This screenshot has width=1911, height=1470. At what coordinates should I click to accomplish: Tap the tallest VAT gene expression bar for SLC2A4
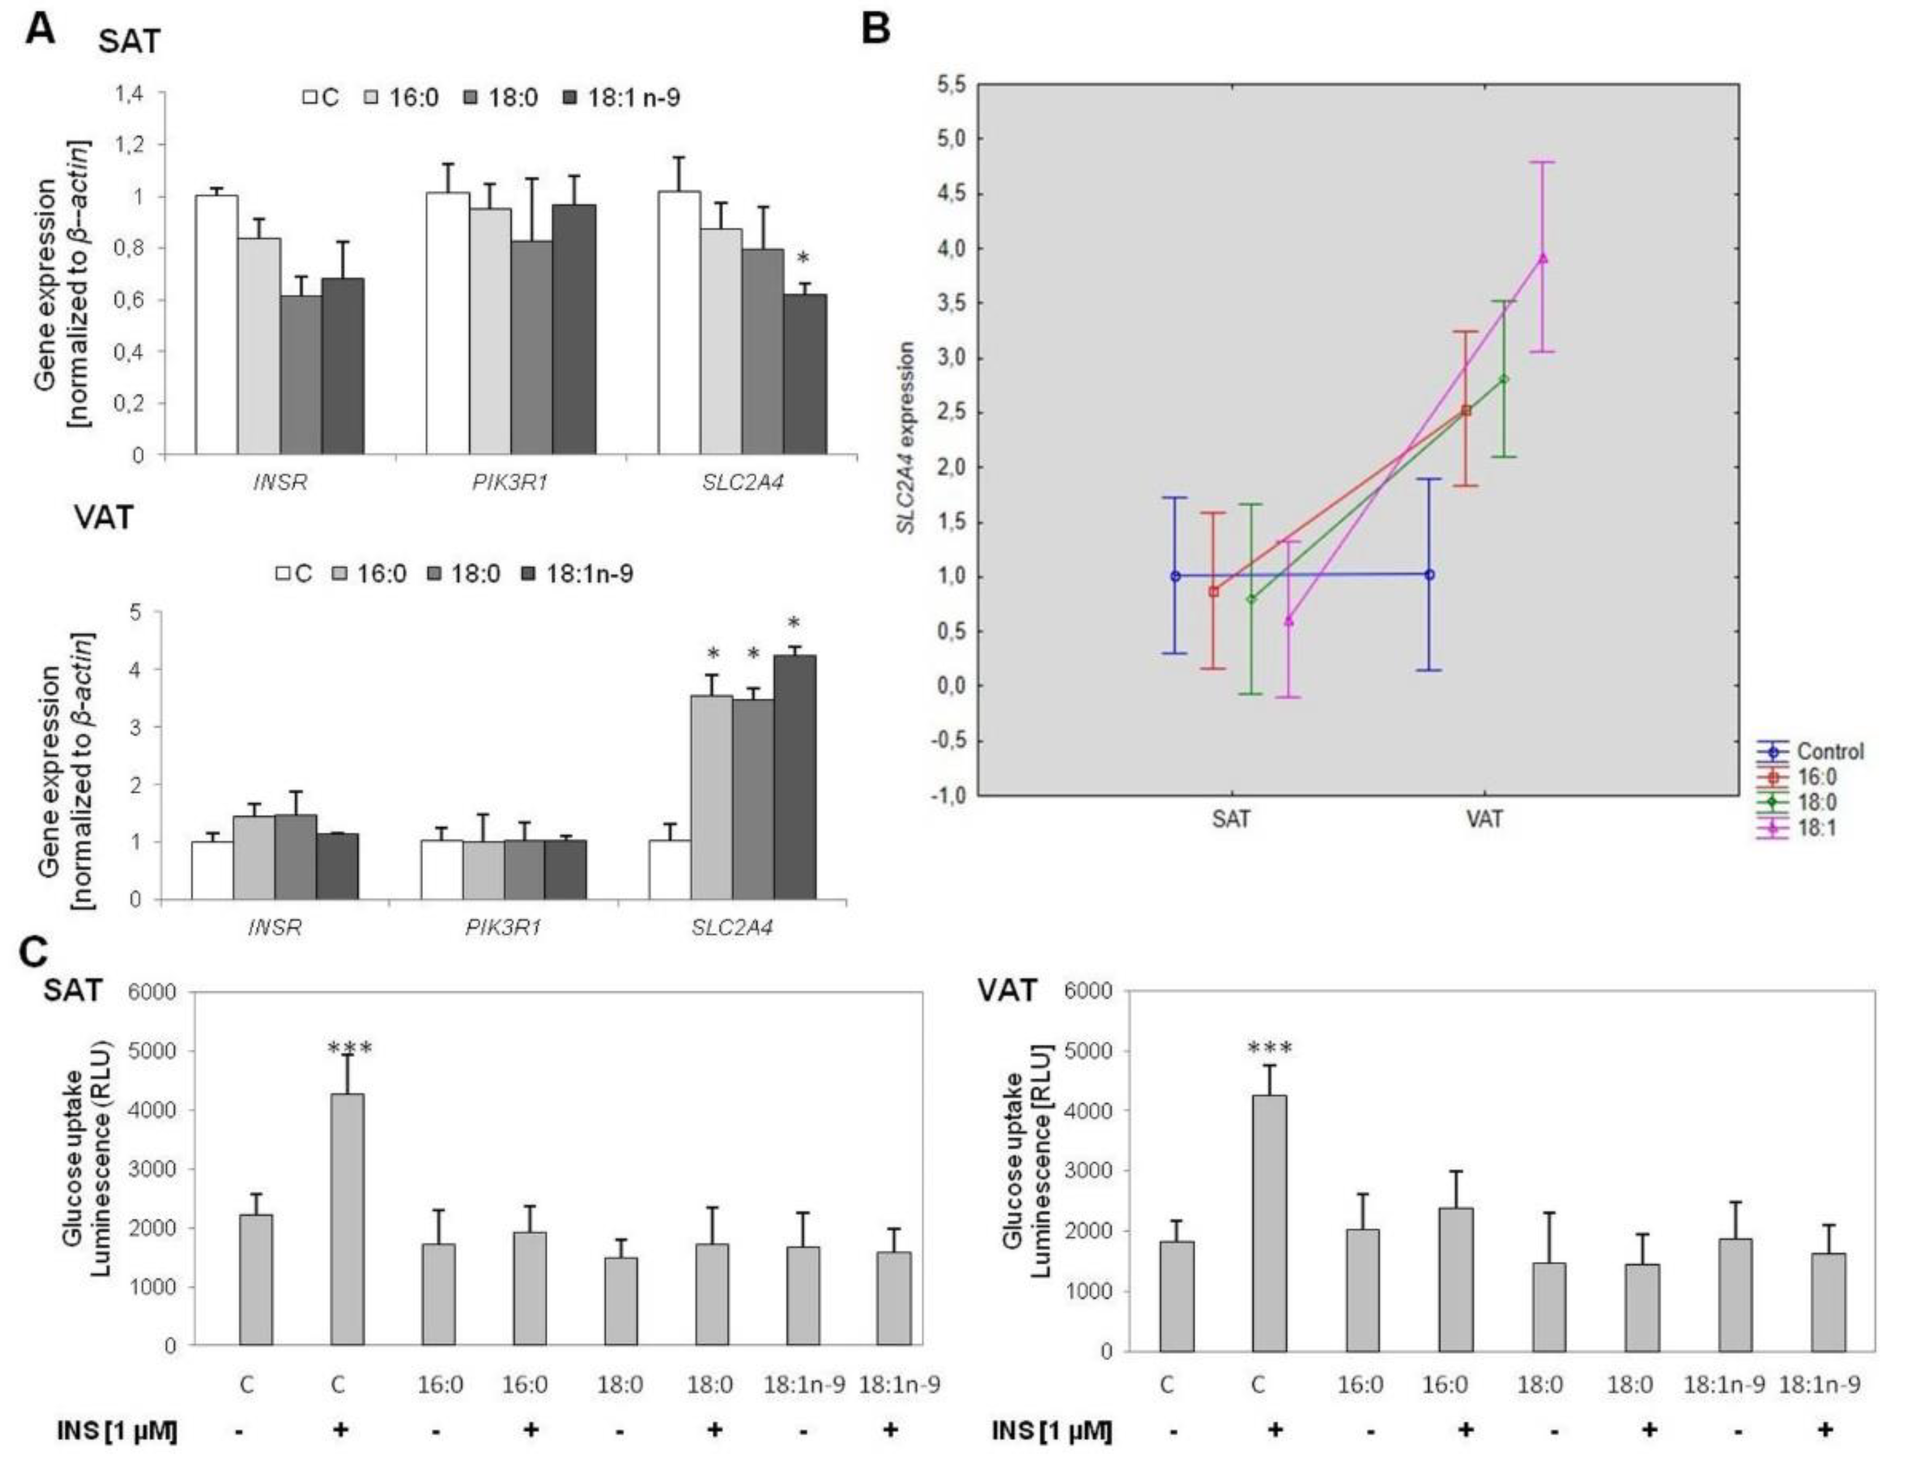click(x=795, y=777)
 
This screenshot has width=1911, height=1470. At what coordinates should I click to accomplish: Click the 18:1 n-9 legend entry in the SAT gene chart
click(x=620, y=97)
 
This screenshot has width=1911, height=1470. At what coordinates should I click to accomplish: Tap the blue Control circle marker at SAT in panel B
click(x=1175, y=576)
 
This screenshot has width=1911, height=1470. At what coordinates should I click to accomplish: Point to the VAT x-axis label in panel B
click(x=1485, y=819)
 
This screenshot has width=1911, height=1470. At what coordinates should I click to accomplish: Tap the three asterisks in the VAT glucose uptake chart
click(x=1270, y=1048)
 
